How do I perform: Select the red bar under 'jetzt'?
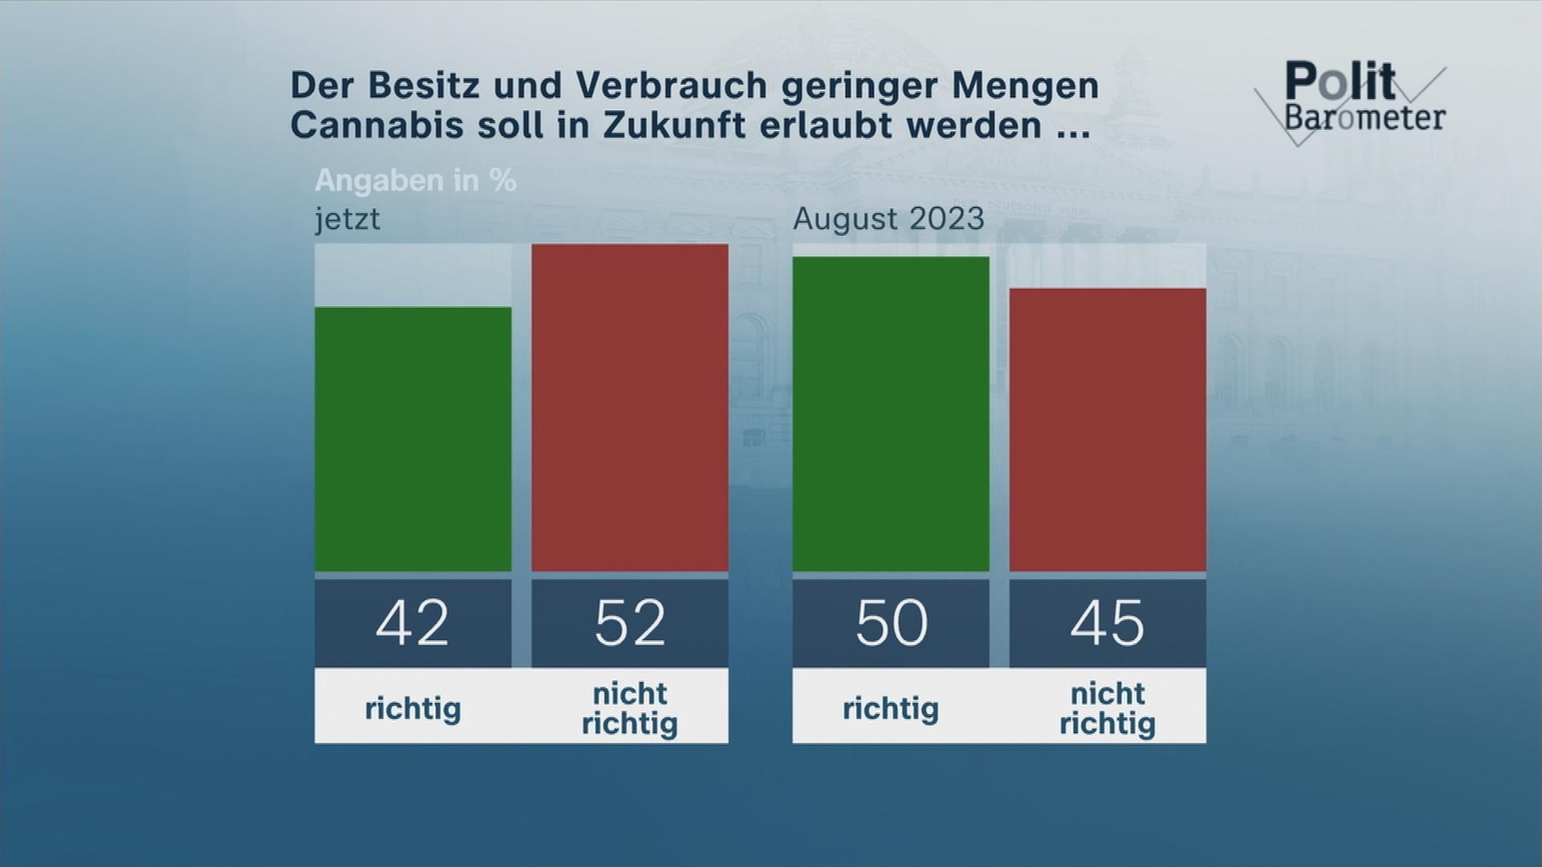tap(630, 407)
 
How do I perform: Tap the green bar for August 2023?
tap(891, 413)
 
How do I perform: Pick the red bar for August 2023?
tap(1108, 429)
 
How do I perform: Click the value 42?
tap(413, 623)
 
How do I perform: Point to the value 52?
tap(630, 623)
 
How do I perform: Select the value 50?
tap(891, 623)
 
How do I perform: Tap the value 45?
tap(1108, 623)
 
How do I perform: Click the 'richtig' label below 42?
tap(413, 708)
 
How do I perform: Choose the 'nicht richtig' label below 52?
tap(630, 708)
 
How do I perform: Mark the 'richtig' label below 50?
tap(891, 708)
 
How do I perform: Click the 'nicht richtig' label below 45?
tap(1108, 708)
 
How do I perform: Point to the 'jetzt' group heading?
tap(347, 219)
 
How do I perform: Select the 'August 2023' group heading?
tap(888, 218)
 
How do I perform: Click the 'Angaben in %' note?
tap(415, 181)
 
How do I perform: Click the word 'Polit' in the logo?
tap(1340, 82)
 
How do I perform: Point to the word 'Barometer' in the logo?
tap(1365, 118)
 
